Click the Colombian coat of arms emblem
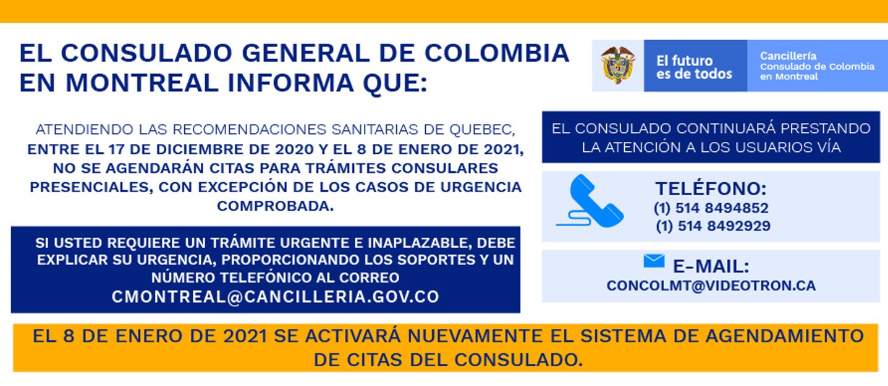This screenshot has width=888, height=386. [617, 65]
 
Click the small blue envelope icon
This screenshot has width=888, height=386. [654, 261]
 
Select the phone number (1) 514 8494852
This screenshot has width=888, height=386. [711, 208]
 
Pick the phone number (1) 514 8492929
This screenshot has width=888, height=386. [713, 226]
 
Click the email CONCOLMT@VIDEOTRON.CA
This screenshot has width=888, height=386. [711, 285]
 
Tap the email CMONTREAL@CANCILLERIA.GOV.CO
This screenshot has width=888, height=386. [276, 296]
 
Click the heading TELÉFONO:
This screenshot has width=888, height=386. [711, 188]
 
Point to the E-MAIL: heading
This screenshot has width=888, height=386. [711, 266]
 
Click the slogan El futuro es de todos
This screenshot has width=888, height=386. [694, 67]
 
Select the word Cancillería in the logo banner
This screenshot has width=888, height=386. [788, 56]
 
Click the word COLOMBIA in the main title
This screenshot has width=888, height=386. [497, 52]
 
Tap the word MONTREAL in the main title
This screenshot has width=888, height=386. [142, 82]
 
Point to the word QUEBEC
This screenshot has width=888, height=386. [482, 130]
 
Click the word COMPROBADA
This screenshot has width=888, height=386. [276, 206]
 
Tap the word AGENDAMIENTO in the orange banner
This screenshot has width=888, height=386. [785, 336]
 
